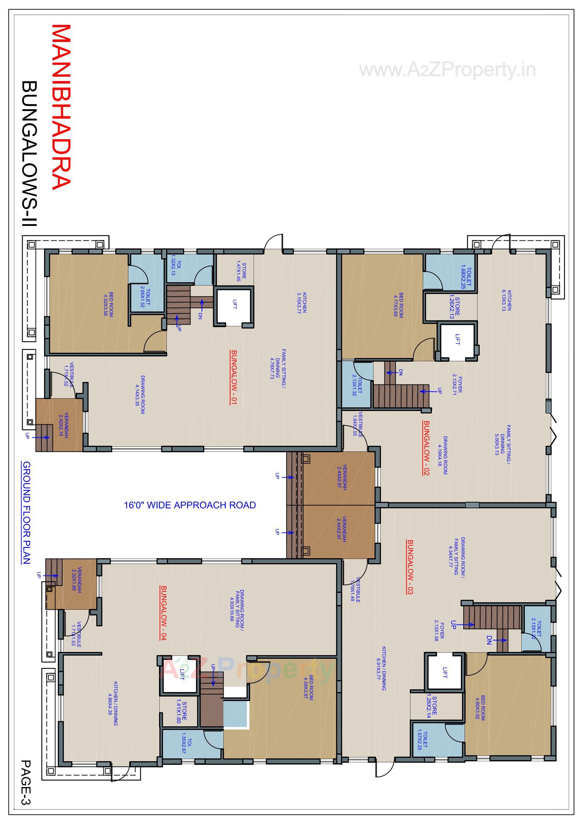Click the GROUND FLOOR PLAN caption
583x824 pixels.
26,513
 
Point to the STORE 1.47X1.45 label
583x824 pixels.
241,271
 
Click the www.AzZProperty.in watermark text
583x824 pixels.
448,70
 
